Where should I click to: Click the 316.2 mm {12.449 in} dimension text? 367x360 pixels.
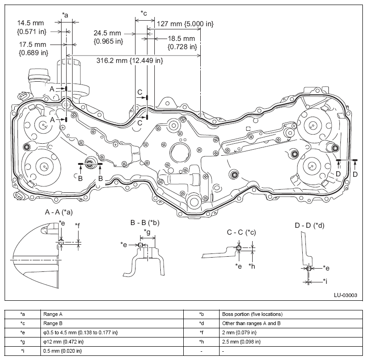tap(130, 61)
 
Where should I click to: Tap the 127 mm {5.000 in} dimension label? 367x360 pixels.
tap(185, 23)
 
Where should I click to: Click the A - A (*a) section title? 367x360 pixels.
tap(59, 212)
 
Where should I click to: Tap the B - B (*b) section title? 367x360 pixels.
tap(145, 223)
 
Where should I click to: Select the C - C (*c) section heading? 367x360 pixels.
tap(241, 232)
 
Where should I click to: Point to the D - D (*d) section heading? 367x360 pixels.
tap(310, 225)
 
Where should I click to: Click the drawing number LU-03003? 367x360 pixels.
tap(345, 295)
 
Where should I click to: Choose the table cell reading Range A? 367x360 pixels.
tap(53, 314)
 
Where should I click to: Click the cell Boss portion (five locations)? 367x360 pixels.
tap(252, 314)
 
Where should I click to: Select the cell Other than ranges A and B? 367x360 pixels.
tap(251, 323)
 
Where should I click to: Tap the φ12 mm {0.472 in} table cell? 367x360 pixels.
tap(63, 342)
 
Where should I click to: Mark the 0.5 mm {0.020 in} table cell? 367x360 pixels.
tap(62, 351)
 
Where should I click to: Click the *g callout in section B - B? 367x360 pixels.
tap(147, 232)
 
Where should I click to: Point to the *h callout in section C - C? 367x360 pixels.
tap(252, 266)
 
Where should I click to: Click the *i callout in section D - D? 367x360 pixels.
tap(325, 281)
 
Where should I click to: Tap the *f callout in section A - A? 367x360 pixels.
tap(77, 226)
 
